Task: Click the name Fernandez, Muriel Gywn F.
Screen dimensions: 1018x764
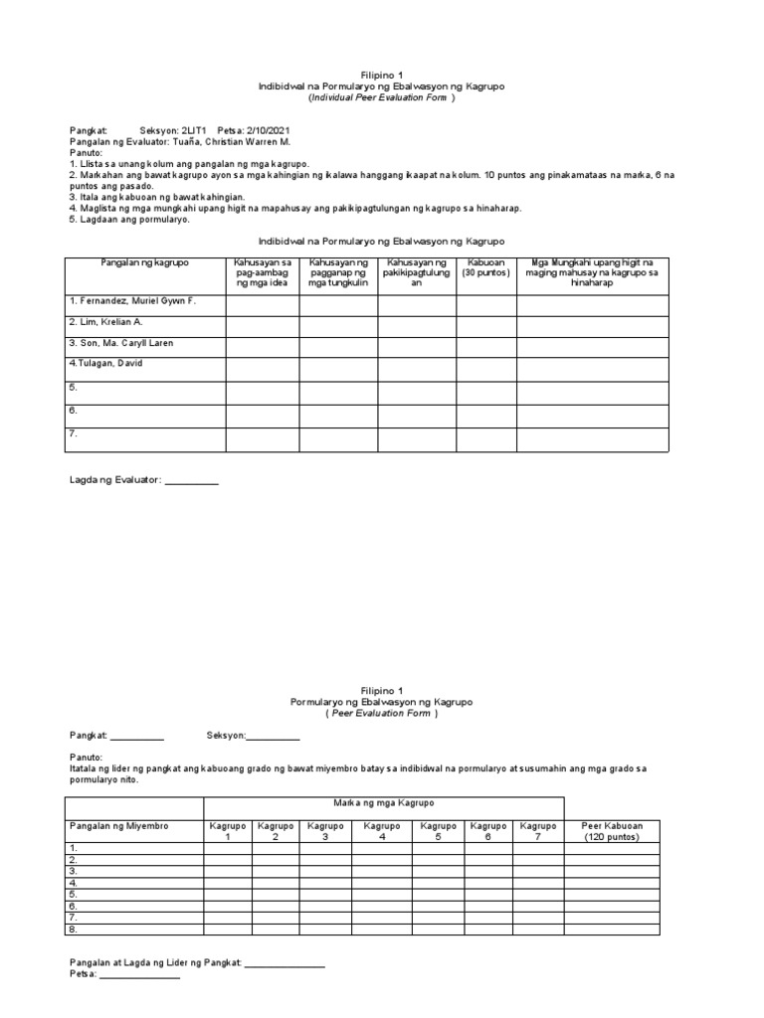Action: (132, 300)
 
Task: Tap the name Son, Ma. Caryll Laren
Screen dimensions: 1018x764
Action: (121, 343)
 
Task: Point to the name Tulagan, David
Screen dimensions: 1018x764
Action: (106, 364)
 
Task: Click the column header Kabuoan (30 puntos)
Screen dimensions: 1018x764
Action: (485, 267)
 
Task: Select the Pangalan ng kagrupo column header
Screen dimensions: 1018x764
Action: (144, 261)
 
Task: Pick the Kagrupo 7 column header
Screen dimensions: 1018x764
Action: (538, 831)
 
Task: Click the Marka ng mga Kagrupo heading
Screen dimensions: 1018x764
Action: (383, 802)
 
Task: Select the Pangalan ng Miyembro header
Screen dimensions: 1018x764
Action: (118, 826)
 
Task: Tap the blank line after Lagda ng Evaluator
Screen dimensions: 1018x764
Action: (191, 481)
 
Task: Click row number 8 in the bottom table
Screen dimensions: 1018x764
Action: (74, 930)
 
